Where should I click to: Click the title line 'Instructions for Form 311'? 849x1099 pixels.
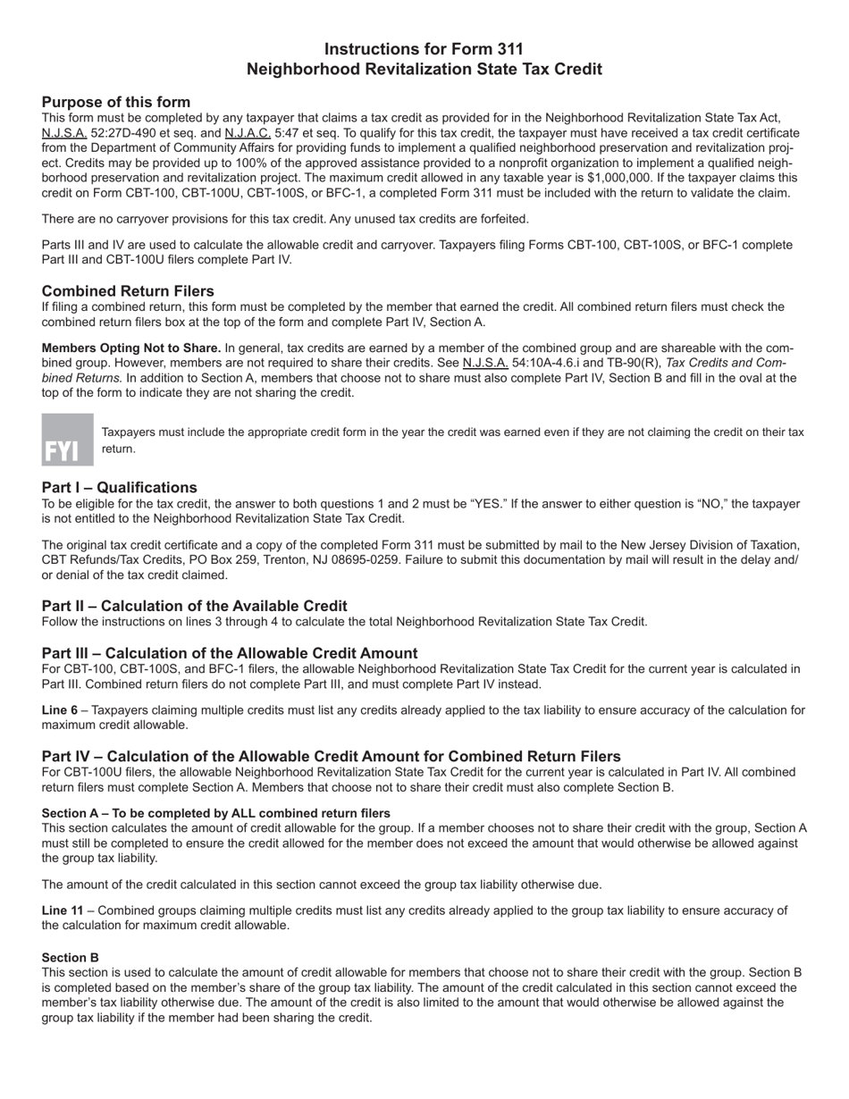pos(424,49)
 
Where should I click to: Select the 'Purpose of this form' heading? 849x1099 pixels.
pos(116,102)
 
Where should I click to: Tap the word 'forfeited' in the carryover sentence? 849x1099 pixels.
pos(500,219)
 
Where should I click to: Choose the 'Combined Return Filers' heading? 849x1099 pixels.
pos(128,291)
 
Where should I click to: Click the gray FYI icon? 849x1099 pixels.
pos(67,440)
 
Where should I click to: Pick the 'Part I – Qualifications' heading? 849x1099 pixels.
pos(120,488)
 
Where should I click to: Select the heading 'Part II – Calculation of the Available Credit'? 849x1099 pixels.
pos(195,606)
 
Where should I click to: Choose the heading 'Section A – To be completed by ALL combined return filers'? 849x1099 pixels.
pos(215,813)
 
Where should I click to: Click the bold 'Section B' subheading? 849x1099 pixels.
pos(71,957)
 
